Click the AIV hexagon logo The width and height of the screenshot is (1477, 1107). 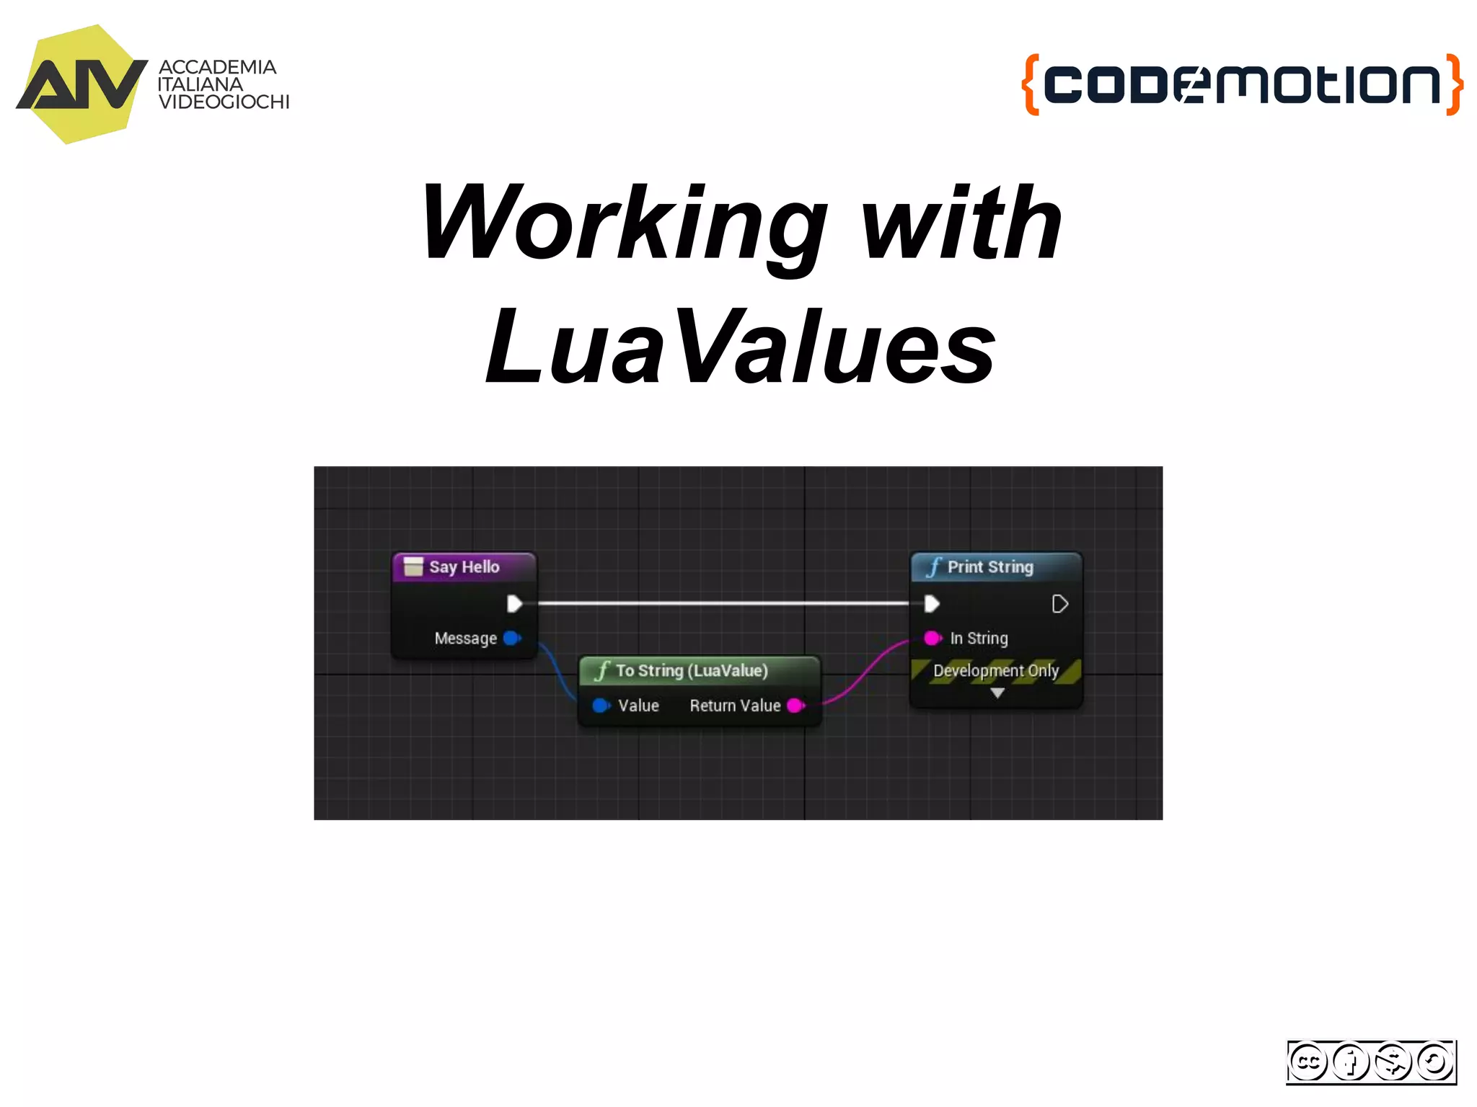(x=81, y=84)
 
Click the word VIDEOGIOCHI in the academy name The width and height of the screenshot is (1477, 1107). (x=224, y=102)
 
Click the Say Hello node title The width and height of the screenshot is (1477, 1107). (x=464, y=567)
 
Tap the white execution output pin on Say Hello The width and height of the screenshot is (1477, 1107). (x=514, y=603)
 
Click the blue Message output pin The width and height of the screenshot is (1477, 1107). (x=512, y=638)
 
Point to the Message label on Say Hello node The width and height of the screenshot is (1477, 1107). (x=465, y=639)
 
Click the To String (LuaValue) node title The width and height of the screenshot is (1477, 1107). (x=691, y=671)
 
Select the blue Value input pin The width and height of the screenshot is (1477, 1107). (x=601, y=706)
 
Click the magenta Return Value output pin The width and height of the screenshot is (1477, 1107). (x=795, y=706)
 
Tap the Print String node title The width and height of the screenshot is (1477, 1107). (x=989, y=567)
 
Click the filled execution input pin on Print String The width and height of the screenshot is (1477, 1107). (x=932, y=603)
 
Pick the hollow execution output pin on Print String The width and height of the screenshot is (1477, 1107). (x=1059, y=604)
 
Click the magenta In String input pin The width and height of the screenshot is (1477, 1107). (x=933, y=638)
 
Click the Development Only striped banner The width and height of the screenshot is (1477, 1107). (x=995, y=671)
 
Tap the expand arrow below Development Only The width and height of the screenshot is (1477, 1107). (x=997, y=693)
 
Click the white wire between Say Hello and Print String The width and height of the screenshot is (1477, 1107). (x=721, y=603)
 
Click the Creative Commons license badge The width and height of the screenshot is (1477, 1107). (x=1371, y=1062)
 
